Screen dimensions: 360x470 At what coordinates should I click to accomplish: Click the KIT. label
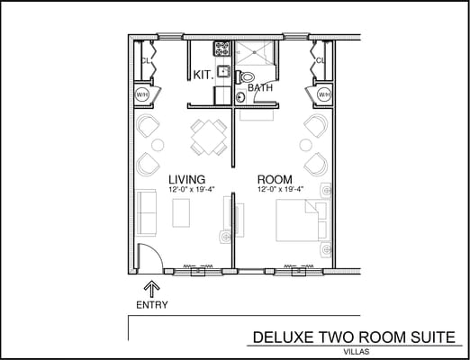tap(203, 76)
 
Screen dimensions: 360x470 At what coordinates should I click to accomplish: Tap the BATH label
tap(260, 88)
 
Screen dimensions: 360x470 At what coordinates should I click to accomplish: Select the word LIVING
tap(186, 179)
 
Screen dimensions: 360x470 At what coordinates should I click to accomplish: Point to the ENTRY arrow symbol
tap(151, 289)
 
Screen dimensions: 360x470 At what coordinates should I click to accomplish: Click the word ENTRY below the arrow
tap(151, 306)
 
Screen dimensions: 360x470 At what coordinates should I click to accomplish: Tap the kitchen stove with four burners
tap(220, 48)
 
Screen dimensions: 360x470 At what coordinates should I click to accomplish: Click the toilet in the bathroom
tap(249, 77)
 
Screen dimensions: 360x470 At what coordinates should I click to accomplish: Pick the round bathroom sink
tap(240, 97)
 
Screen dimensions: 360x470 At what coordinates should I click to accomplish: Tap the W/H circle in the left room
tap(142, 94)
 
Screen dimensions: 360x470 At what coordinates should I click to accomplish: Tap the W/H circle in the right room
tap(322, 94)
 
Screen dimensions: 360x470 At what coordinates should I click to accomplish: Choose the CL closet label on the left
tap(144, 61)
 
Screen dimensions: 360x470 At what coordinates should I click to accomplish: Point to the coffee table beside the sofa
tap(182, 211)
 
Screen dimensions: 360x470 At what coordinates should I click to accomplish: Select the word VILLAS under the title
tap(357, 352)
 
